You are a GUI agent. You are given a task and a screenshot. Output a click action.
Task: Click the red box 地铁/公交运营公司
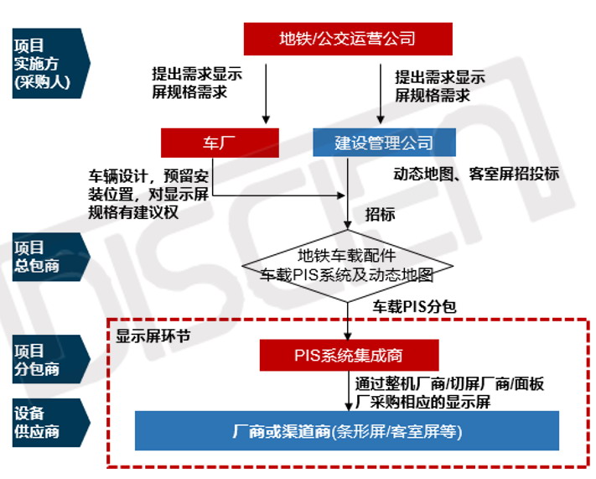(x=348, y=39)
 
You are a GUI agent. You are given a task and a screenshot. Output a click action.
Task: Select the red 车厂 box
(x=220, y=143)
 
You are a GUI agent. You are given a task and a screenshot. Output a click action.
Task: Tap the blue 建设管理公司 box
(x=384, y=143)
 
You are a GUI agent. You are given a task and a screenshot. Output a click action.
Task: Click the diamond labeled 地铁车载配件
(x=347, y=266)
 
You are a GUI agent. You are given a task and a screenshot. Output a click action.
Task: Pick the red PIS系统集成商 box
(x=349, y=356)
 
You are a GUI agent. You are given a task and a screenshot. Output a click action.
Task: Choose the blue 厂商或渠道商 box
(x=347, y=431)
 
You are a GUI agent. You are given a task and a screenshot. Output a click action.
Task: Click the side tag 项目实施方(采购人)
(x=51, y=63)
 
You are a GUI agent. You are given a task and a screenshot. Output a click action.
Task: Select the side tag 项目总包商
(x=51, y=257)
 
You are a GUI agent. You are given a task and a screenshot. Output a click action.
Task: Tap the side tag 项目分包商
(x=51, y=359)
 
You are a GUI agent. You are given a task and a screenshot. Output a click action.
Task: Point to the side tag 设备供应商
(x=51, y=423)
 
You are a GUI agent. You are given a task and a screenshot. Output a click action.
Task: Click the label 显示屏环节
(x=153, y=336)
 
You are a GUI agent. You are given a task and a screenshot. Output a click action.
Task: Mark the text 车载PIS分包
(x=414, y=306)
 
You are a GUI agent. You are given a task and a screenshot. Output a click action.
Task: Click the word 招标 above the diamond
(x=380, y=215)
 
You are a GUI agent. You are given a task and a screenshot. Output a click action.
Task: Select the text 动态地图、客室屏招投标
(x=476, y=174)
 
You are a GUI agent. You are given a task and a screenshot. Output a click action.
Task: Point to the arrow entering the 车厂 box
(x=266, y=94)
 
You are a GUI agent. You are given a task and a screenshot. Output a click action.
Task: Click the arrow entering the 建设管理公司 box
(x=381, y=94)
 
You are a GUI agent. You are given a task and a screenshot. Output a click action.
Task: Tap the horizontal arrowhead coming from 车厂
(x=341, y=195)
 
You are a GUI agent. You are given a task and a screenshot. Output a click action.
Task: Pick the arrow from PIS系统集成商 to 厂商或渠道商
(x=348, y=391)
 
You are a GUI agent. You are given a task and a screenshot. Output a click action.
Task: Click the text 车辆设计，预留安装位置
(x=148, y=185)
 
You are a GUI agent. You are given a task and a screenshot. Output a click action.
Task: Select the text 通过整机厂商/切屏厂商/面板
(x=449, y=384)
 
